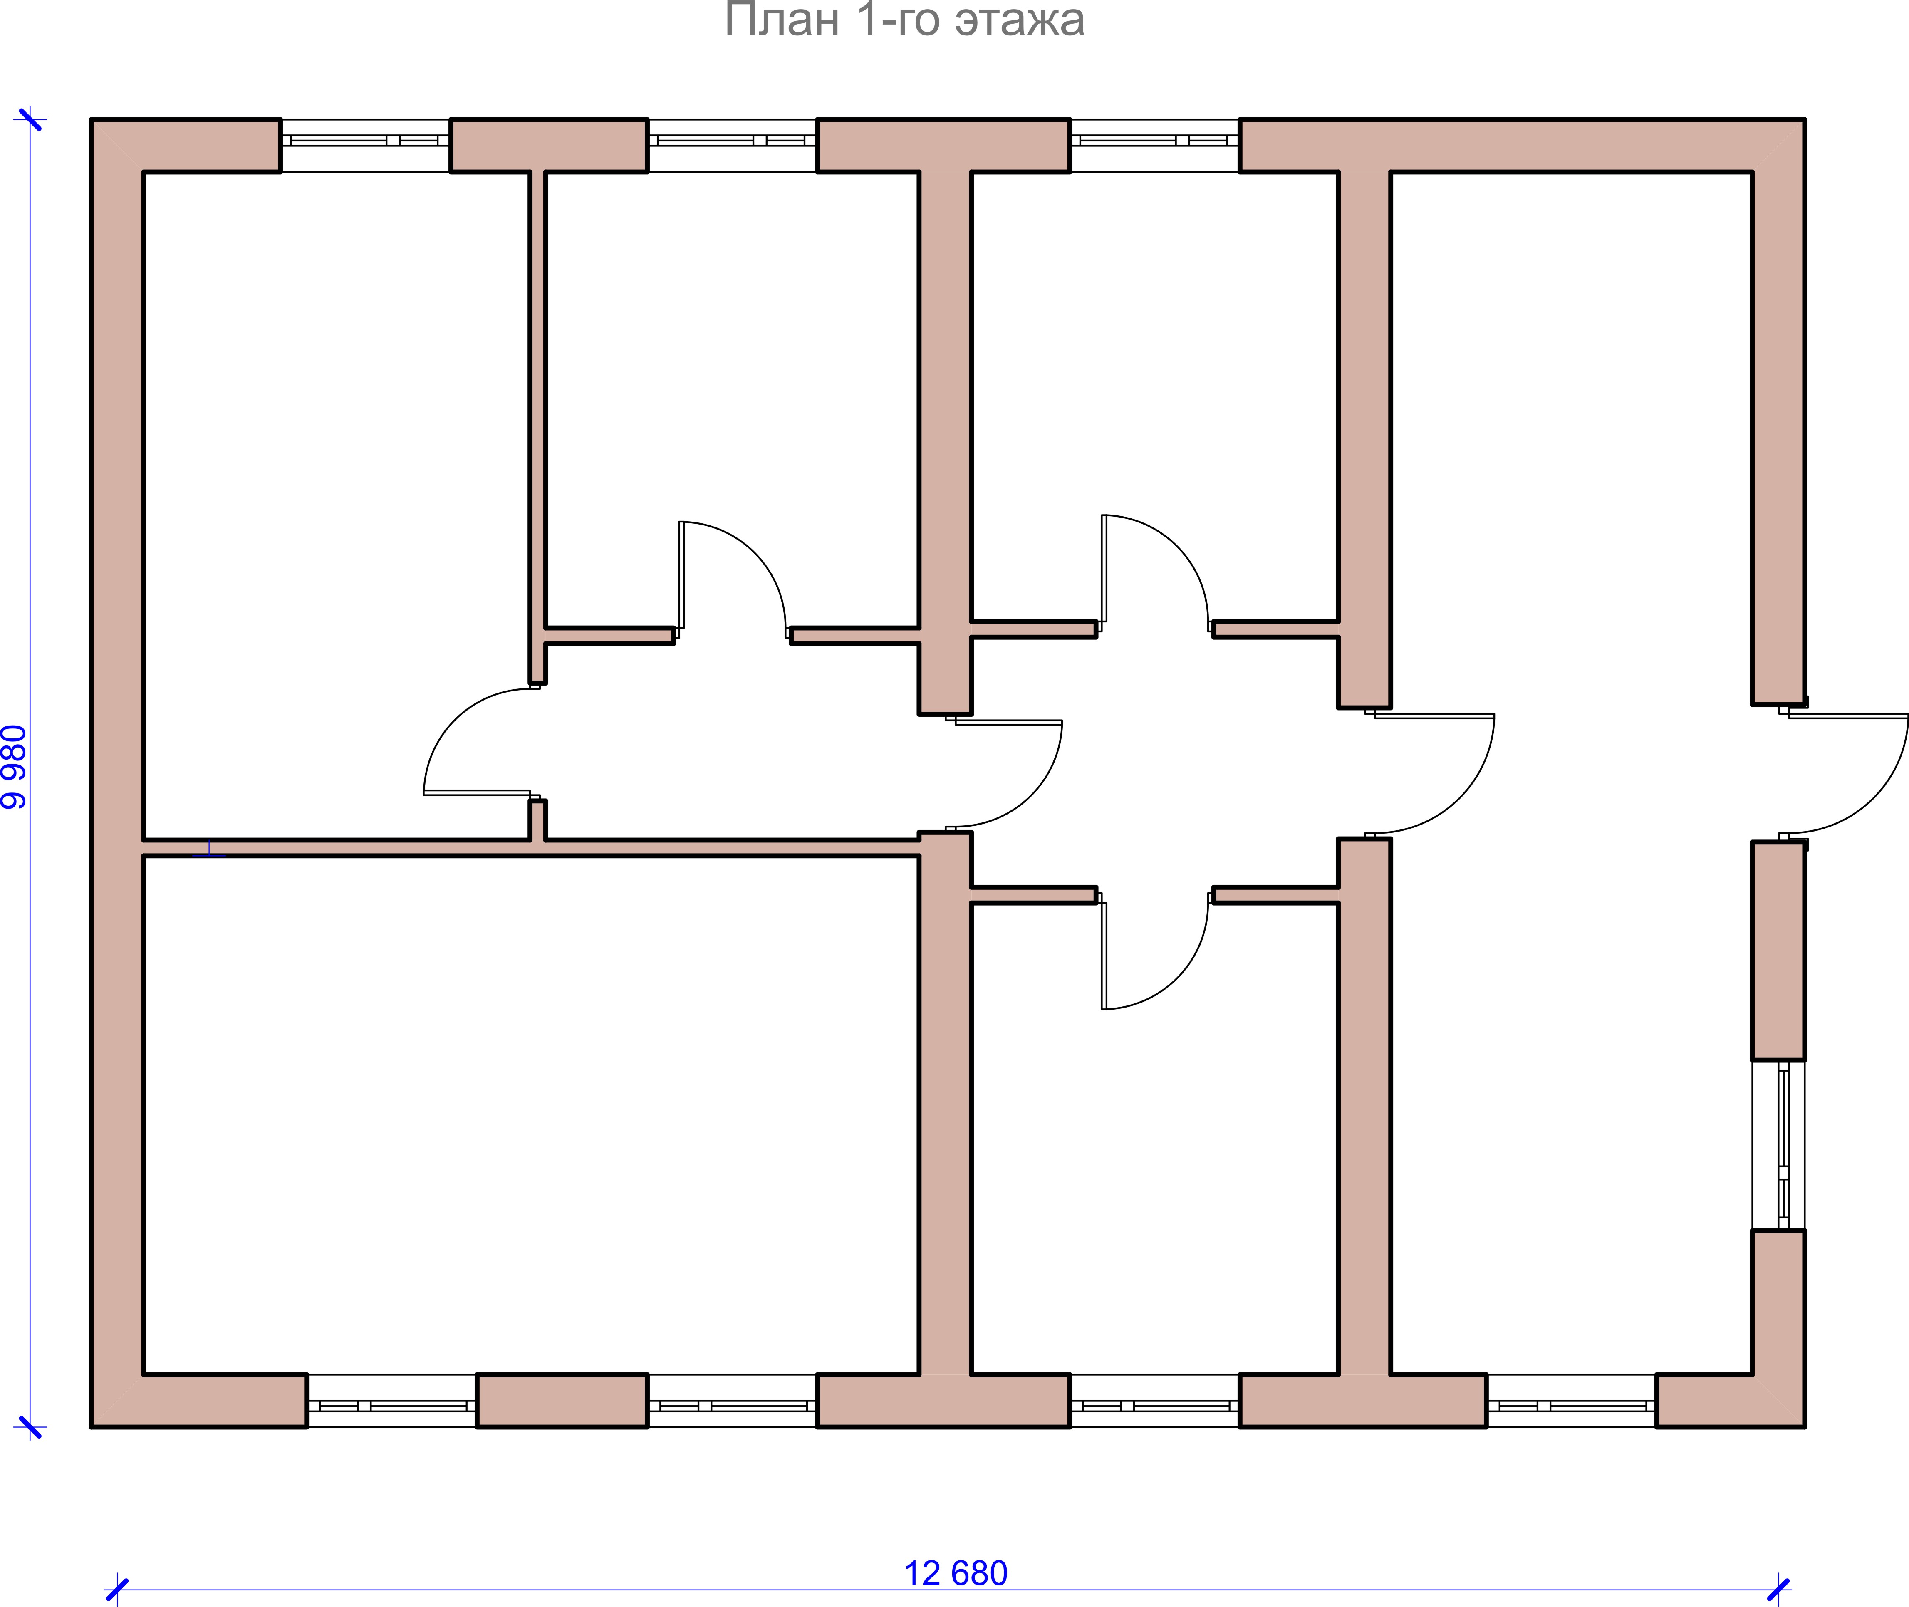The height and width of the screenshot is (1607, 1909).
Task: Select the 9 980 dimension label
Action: (x=15, y=767)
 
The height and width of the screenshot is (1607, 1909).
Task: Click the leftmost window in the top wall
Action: (x=365, y=145)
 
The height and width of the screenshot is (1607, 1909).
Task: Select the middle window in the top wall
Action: (x=732, y=145)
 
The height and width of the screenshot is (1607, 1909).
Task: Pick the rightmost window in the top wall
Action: (x=1155, y=145)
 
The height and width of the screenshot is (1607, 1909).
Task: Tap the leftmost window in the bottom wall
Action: (x=391, y=1400)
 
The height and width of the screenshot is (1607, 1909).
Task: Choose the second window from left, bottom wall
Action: (x=732, y=1400)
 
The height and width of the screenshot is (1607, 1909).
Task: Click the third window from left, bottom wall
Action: (x=1155, y=1400)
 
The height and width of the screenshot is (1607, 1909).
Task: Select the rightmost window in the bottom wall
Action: (x=1571, y=1400)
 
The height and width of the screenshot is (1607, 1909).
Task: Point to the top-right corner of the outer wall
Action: (x=1804, y=119)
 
